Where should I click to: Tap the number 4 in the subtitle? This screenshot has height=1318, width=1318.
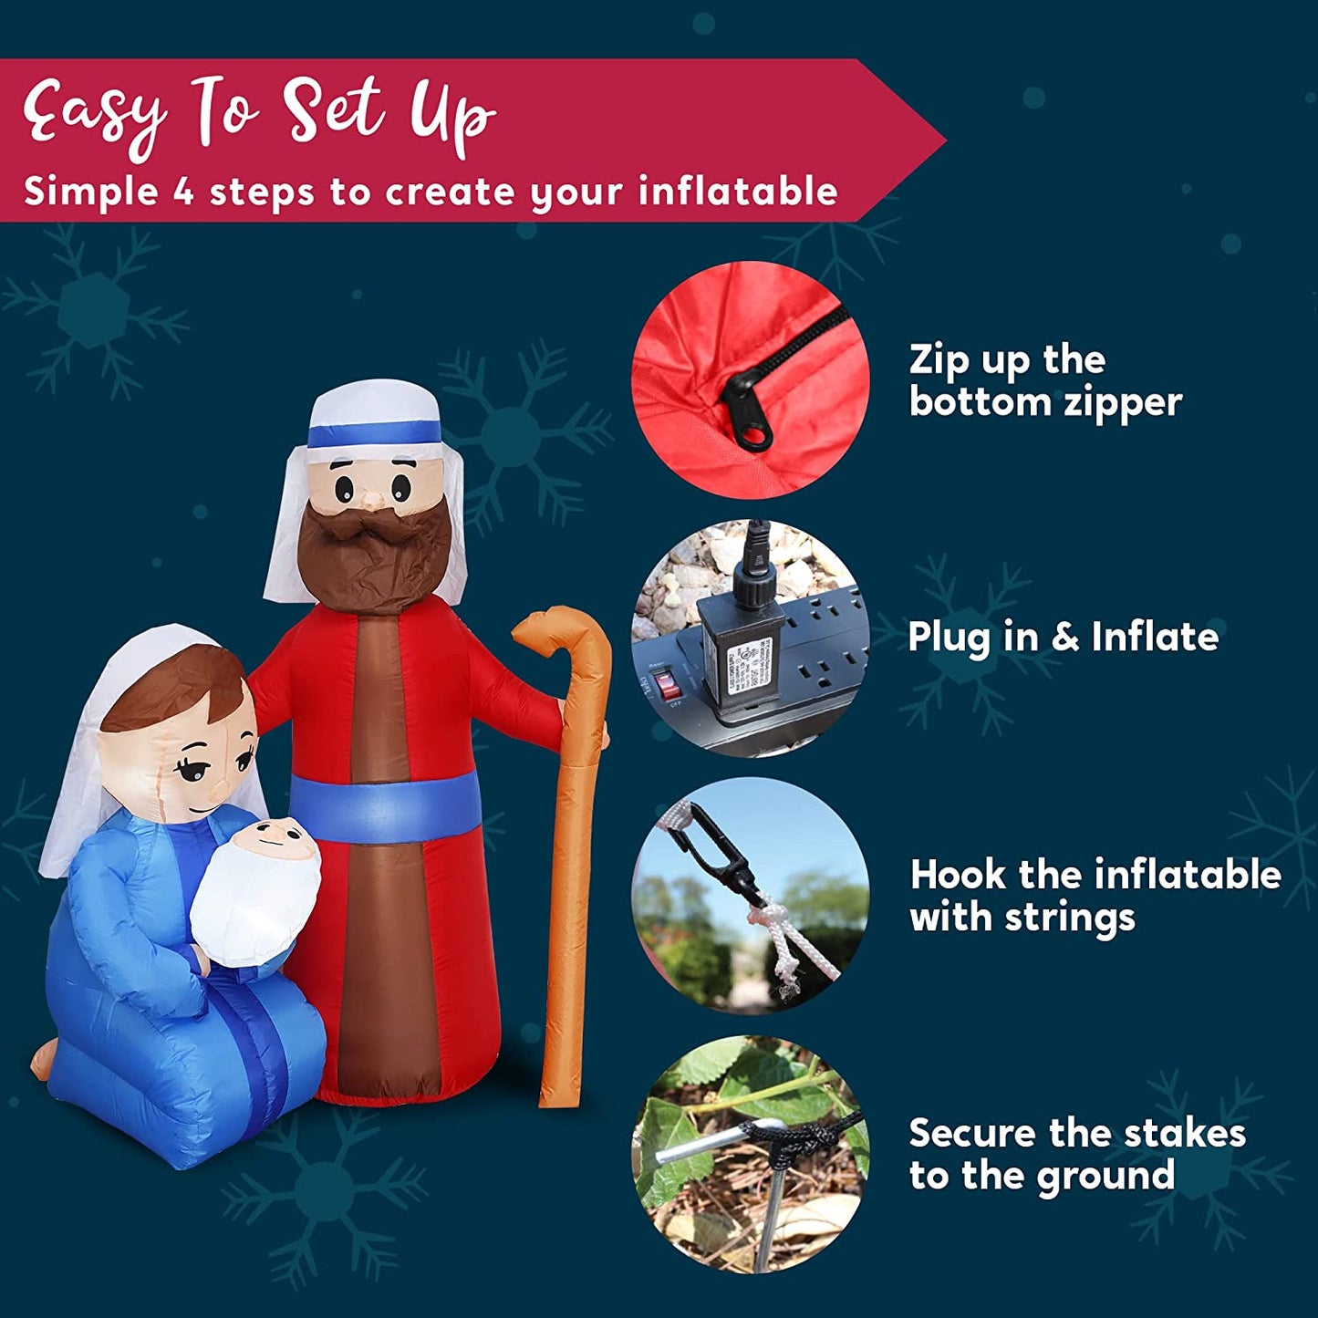point(181,192)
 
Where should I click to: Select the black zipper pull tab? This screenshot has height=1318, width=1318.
point(746,410)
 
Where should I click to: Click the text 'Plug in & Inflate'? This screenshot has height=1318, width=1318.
point(1064,637)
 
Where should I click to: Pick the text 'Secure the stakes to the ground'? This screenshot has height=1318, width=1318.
point(1077,1155)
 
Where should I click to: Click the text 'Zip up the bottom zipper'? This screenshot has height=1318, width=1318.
point(1045,381)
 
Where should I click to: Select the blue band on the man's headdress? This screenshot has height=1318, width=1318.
point(374,432)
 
